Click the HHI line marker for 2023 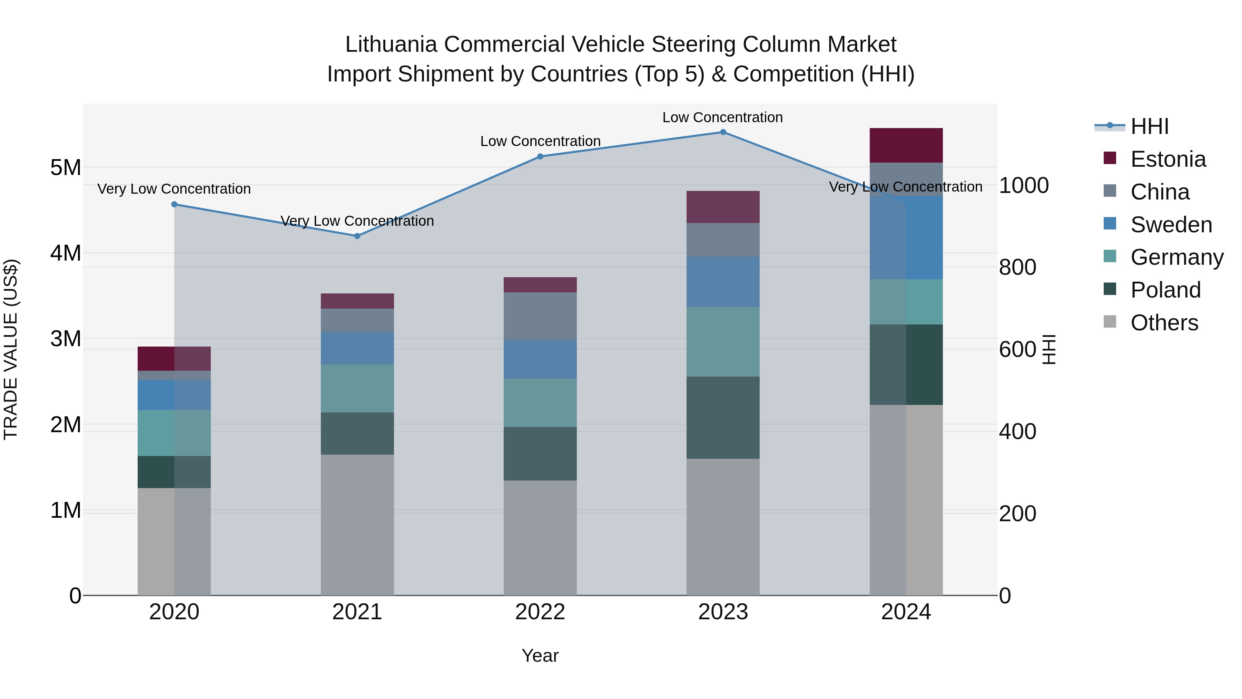[723, 132]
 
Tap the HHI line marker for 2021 [357, 236]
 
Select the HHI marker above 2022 [540, 156]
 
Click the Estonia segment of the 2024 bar [906, 145]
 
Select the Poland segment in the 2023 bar [723, 417]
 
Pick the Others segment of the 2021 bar [357, 524]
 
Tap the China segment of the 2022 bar [540, 315]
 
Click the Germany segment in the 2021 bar [357, 388]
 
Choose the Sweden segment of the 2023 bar [723, 282]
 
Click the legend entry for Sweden [1171, 225]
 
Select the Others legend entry [1164, 323]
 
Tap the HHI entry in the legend [1149, 126]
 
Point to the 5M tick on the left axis [66, 168]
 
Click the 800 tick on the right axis [1017, 267]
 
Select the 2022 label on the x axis [540, 612]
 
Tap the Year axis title [540, 656]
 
